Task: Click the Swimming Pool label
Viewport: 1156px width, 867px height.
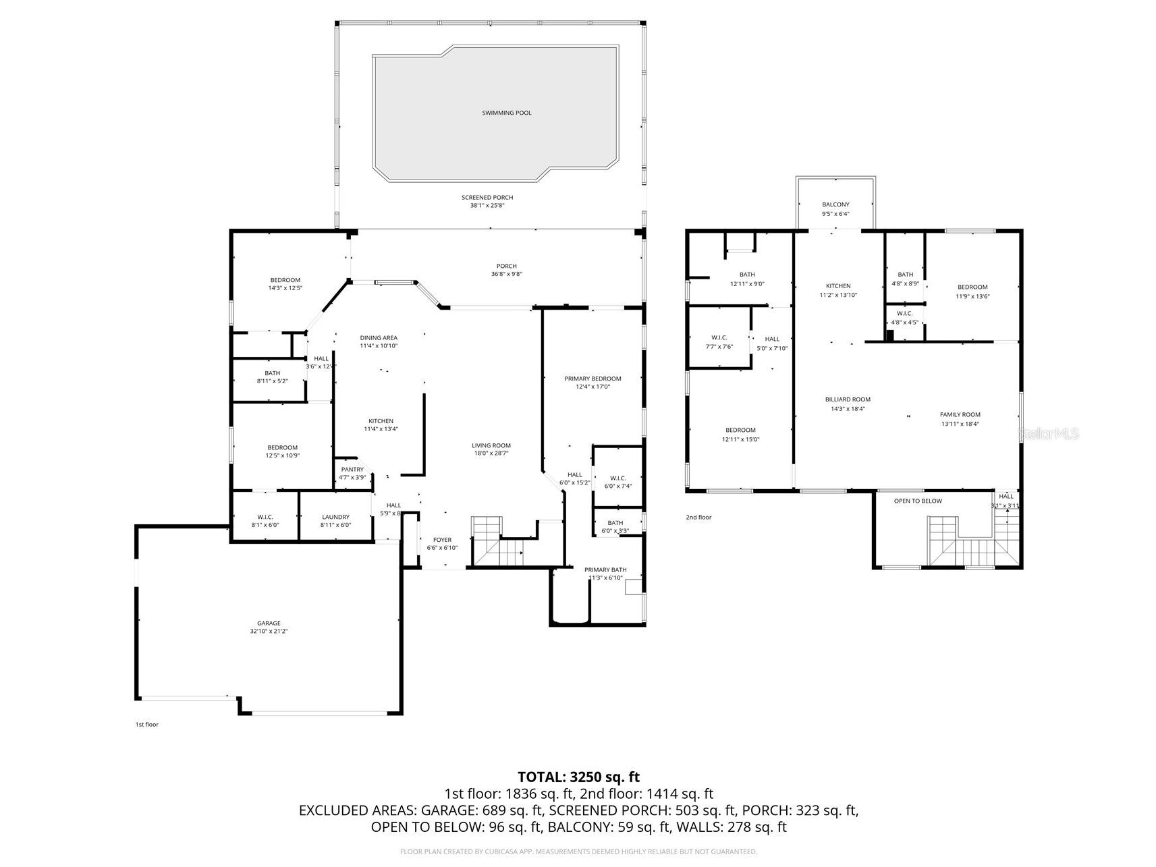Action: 506,113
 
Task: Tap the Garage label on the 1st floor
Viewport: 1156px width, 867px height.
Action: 269,623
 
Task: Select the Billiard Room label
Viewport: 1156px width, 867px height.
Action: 848,399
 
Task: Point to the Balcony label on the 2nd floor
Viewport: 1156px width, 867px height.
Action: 835,204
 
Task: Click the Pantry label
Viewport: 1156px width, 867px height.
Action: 352,470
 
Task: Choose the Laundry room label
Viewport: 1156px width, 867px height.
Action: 335,517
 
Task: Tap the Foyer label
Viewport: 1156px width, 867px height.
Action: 442,540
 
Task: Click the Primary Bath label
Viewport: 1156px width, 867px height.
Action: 605,569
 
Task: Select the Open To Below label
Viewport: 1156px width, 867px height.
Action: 918,501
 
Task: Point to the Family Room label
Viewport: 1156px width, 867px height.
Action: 960,415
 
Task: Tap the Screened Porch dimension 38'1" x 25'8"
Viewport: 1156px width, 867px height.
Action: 487,206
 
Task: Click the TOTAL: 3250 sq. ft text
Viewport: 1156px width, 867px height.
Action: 578,777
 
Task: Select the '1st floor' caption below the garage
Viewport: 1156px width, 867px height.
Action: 146,724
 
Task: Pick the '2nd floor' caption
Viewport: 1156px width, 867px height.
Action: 698,518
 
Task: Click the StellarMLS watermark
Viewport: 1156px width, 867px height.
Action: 1048,434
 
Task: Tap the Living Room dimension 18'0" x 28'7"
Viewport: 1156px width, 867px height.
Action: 491,453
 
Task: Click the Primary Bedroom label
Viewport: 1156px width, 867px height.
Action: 593,379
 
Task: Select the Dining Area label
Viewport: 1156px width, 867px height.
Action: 379,337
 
